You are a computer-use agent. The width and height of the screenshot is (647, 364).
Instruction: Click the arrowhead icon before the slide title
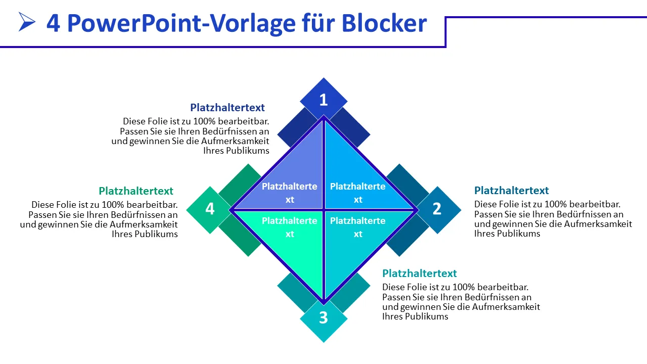[27, 22]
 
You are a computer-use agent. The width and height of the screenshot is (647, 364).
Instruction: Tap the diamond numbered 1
[323, 100]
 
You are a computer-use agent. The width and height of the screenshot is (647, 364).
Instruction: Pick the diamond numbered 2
[437, 209]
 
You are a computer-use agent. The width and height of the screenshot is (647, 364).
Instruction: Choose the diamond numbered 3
[323, 318]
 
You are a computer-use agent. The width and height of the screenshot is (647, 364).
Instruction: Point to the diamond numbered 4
[210, 209]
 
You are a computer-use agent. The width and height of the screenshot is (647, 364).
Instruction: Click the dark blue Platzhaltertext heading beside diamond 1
[227, 108]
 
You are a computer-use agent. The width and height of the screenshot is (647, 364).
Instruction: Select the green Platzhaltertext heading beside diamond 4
[136, 191]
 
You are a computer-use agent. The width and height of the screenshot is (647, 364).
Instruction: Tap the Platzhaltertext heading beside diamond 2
[512, 191]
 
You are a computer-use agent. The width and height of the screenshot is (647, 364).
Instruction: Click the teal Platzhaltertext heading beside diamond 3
[420, 274]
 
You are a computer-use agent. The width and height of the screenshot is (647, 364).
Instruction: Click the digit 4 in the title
[53, 23]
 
